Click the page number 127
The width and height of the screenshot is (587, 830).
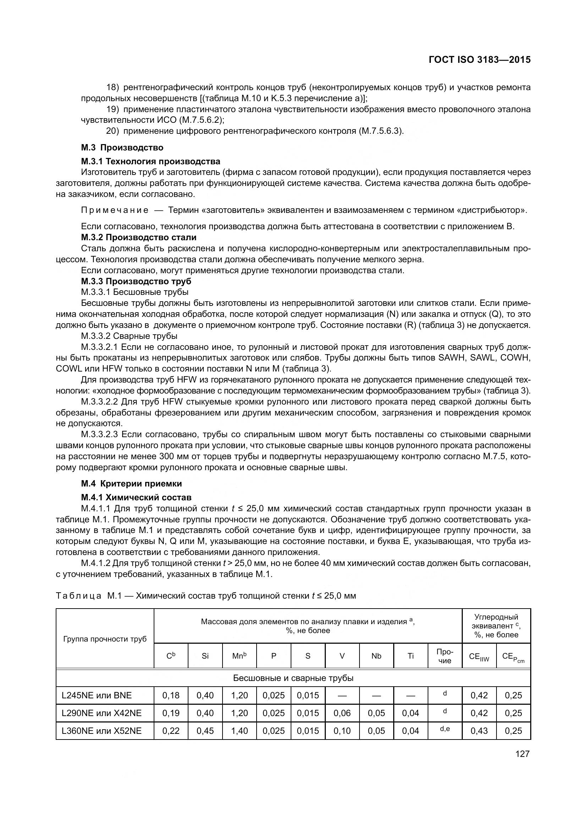[522, 754]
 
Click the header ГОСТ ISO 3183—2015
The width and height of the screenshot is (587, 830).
[480, 60]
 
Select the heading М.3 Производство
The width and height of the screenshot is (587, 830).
[122, 148]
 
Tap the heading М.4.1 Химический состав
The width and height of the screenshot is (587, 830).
[136, 498]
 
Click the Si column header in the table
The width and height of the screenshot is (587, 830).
[205, 656]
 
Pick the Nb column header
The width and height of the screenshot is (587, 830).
[376, 656]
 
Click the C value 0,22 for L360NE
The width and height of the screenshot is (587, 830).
[171, 731]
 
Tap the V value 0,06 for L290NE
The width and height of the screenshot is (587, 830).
[342, 713]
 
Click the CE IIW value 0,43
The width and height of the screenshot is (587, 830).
[479, 731]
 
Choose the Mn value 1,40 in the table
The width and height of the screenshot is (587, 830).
[239, 731]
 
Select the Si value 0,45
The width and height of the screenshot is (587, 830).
[205, 731]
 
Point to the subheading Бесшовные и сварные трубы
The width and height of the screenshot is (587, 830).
[293, 678]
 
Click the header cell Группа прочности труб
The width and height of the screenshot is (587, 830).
[105, 639]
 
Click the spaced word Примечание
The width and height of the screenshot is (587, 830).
[115, 210]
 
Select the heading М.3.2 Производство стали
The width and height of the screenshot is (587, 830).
[139, 237]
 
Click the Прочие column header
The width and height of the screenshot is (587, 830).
[445, 656]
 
